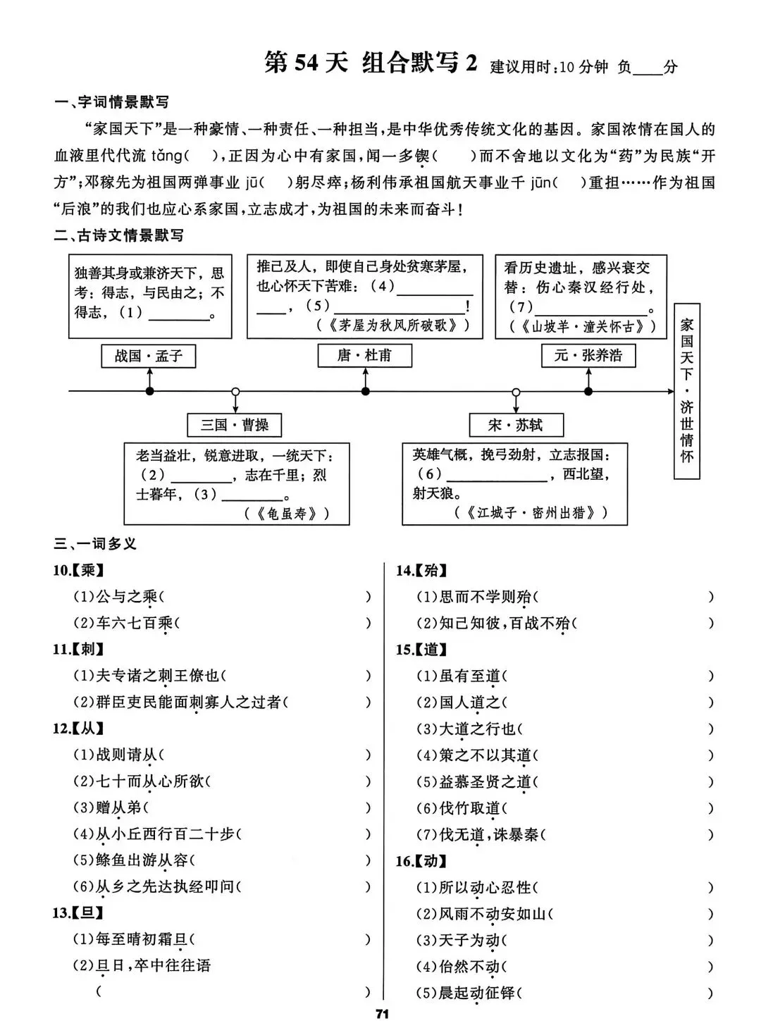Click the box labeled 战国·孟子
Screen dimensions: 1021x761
click(149, 357)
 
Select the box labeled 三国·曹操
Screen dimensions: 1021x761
click(235, 425)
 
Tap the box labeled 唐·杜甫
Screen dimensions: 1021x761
click(364, 356)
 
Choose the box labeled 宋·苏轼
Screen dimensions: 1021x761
click(516, 425)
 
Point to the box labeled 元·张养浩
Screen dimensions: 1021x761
click(588, 356)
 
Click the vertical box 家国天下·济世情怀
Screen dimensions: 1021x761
click(686, 391)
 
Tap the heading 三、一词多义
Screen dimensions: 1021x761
click(96, 544)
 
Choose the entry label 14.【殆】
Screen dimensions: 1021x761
click(421, 571)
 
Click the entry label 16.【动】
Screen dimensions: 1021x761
click(421, 861)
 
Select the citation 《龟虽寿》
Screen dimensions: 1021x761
click(287, 514)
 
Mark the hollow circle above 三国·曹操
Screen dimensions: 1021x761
click(235, 391)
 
